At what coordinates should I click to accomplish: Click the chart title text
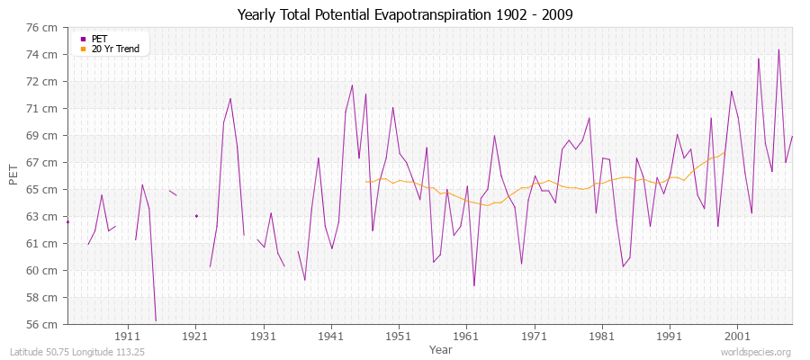pos(404,15)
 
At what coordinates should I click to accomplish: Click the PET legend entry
pos(99,39)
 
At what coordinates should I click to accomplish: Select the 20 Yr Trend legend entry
pos(115,49)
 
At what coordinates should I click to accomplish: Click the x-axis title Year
pos(441,348)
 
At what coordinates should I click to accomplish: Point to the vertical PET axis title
pos(13,175)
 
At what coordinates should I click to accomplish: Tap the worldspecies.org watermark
pos(756,353)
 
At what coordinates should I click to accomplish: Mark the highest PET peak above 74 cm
pos(778,49)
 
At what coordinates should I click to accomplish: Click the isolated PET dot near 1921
pos(196,216)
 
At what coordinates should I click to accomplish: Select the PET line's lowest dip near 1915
pos(156,320)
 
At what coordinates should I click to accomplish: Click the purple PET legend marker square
pos(83,39)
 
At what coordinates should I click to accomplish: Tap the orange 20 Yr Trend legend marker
pos(83,49)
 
